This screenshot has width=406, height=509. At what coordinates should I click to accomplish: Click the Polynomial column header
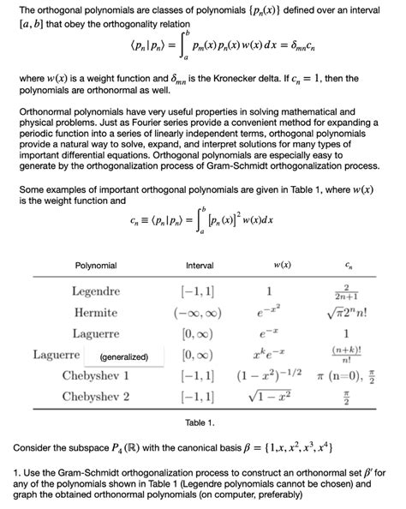95,266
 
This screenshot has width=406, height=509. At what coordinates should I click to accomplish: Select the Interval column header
200,266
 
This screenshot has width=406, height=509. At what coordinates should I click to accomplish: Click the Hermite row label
96,313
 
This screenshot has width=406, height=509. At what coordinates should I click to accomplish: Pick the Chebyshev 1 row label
96,375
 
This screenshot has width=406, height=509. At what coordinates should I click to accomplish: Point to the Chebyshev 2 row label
96,396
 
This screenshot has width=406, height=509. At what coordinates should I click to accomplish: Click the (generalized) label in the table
124,356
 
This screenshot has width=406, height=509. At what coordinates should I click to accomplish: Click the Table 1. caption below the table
200,423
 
